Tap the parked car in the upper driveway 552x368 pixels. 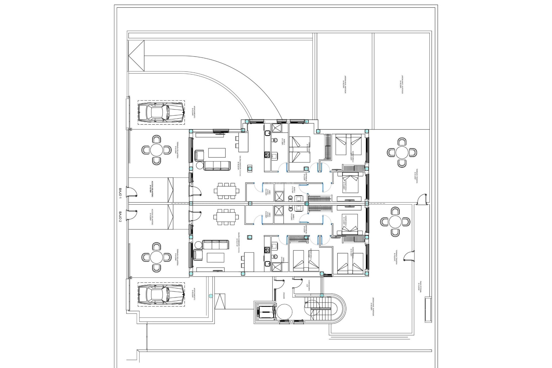161,112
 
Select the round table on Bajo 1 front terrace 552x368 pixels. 156,150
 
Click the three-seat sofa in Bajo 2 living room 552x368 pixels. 216,245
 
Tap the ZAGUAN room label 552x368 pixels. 284,296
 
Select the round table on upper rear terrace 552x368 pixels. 402,152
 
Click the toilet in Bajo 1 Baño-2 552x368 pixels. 275,141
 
